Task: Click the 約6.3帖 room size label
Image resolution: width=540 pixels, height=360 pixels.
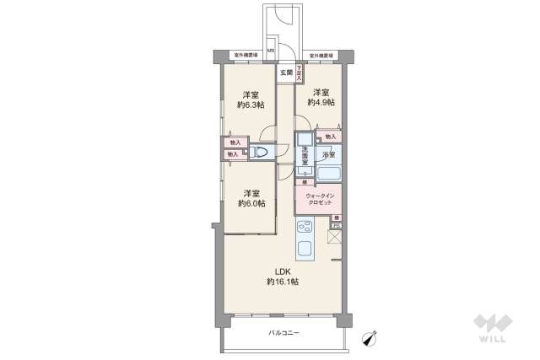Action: point(251,105)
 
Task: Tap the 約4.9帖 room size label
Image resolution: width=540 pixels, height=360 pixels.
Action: point(321,102)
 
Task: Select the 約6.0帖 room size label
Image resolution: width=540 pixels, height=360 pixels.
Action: point(251,203)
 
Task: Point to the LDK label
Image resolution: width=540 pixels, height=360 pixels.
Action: point(281,271)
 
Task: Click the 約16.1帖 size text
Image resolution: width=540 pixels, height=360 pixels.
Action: point(281,282)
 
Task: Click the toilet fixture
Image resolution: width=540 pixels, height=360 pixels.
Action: point(262,153)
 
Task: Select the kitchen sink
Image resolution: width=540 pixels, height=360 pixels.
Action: point(305,249)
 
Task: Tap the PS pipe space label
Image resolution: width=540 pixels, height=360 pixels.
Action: point(335,226)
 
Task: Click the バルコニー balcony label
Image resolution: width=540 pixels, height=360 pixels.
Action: point(284,333)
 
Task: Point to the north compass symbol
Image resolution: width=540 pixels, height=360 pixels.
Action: point(367,338)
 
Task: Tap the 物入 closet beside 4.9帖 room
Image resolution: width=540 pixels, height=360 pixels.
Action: point(330,136)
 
